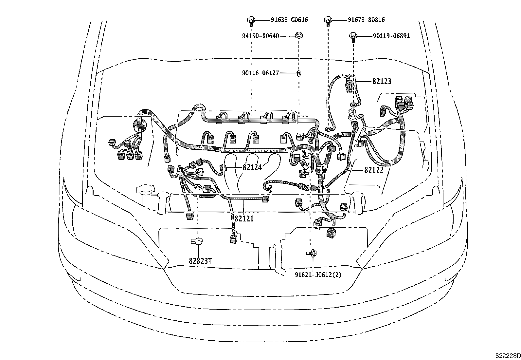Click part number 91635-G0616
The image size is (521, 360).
289,20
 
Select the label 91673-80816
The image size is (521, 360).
366,20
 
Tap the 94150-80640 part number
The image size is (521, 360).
260,36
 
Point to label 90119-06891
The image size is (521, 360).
391,36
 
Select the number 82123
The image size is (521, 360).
382,81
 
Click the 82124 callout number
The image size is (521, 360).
252,167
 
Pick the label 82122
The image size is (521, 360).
374,170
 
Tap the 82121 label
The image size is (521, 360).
244,218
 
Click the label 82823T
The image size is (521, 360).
200,261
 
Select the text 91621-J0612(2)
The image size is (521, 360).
318,275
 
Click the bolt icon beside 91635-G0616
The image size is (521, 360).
251,20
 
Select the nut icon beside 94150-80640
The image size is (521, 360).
298,35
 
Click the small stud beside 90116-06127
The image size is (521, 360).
298,74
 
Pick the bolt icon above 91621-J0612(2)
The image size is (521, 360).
311,253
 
